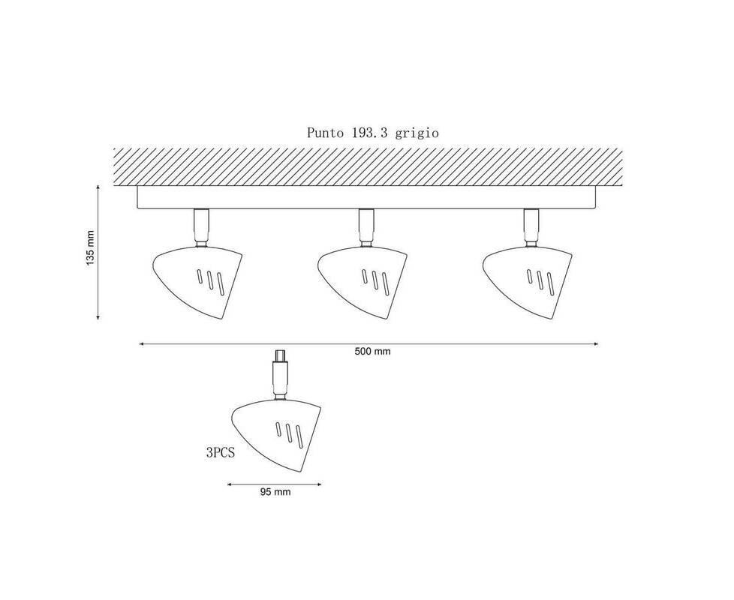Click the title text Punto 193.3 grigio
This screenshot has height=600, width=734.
pyautogui.click(x=372, y=133)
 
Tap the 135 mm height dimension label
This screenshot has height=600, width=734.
pyautogui.click(x=90, y=248)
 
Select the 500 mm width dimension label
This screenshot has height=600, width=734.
pyautogui.click(x=372, y=352)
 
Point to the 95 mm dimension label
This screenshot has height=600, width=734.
pyautogui.click(x=275, y=492)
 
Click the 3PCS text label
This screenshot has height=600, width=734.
pyautogui.click(x=220, y=453)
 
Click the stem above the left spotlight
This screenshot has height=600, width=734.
pyautogui.click(x=201, y=228)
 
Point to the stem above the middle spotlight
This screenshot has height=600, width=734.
pyautogui.click(x=366, y=228)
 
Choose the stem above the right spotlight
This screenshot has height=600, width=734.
pyautogui.click(x=531, y=228)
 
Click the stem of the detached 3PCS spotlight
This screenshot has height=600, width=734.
pyautogui.click(x=281, y=375)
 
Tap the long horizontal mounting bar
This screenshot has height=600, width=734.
pyautogui.click(x=366, y=197)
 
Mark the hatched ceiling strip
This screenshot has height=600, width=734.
pyautogui.click(x=368, y=167)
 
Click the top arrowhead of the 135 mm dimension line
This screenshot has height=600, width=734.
pyautogui.click(x=98, y=187)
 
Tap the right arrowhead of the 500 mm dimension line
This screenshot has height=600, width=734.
pyautogui.click(x=595, y=344)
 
